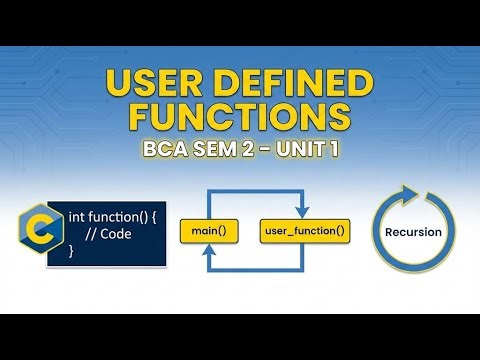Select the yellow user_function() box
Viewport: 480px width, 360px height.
[304, 231]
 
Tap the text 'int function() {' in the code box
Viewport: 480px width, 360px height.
[112, 216]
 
